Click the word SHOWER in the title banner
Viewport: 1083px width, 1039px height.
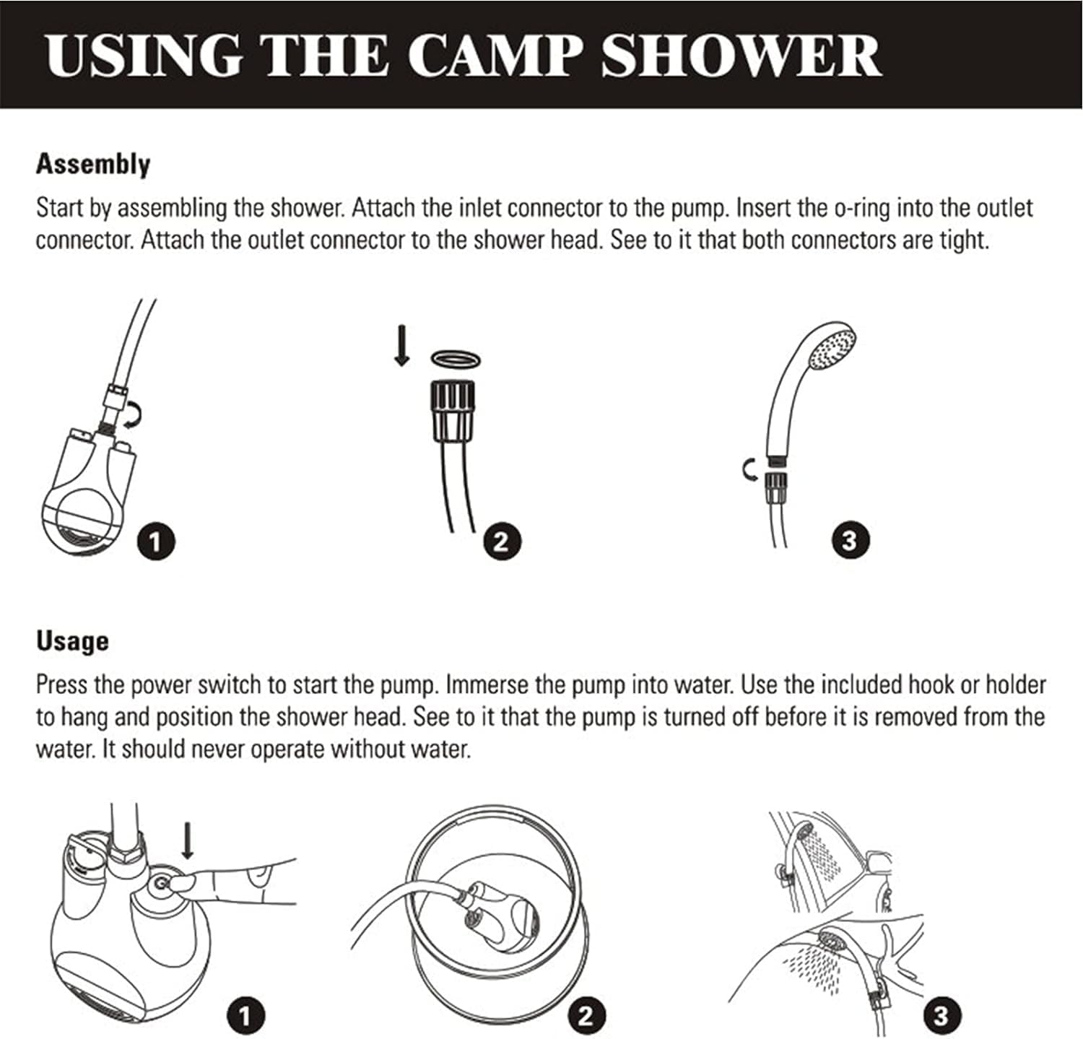coord(741,56)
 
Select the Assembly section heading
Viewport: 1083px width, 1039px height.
coord(93,164)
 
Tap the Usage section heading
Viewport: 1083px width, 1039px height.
coord(72,640)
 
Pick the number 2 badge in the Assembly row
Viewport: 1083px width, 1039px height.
coord(501,542)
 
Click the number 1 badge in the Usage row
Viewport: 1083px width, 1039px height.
coord(245,1017)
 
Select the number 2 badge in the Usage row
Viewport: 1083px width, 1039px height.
coord(586,1016)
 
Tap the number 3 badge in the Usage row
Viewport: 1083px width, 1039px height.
coord(941,1016)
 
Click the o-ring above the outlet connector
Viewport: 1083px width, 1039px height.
coord(456,358)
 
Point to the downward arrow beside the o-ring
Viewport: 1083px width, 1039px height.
coord(403,345)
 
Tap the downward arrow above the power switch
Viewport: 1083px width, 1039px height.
coord(188,842)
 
